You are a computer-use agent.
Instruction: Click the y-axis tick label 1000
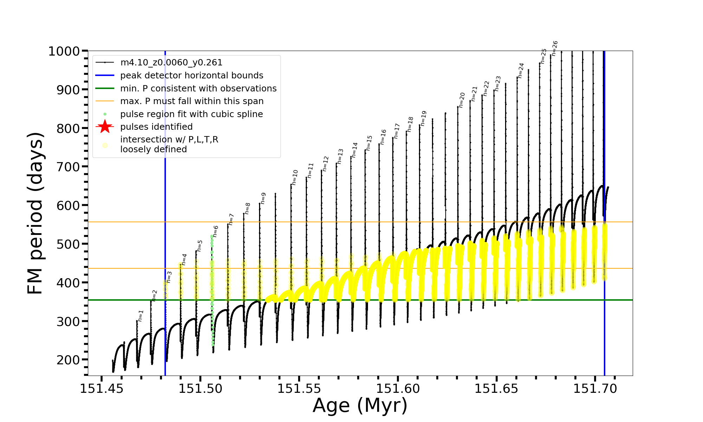(64, 51)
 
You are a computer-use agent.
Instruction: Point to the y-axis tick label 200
(69, 360)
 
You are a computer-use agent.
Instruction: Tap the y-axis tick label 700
(69, 167)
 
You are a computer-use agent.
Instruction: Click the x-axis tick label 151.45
(102, 389)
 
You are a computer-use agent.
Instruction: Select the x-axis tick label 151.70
(595, 389)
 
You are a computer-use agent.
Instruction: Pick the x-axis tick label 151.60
(398, 389)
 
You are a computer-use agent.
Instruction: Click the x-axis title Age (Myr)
(360, 405)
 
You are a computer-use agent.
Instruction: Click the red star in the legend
(105, 127)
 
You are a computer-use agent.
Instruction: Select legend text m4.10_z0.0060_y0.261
(171, 63)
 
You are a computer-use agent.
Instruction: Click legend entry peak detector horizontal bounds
(192, 76)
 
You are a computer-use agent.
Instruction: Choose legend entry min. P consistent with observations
(198, 88)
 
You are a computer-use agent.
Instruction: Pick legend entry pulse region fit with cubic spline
(191, 114)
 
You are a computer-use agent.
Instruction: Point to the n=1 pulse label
(141, 316)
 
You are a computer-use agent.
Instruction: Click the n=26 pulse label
(555, 48)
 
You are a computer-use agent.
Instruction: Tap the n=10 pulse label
(295, 177)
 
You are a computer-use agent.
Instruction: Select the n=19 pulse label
(423, 118)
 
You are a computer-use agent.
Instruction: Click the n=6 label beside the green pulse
(215, 231)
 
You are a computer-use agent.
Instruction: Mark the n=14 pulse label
(354, 150)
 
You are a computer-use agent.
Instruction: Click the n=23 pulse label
(497, 84)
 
